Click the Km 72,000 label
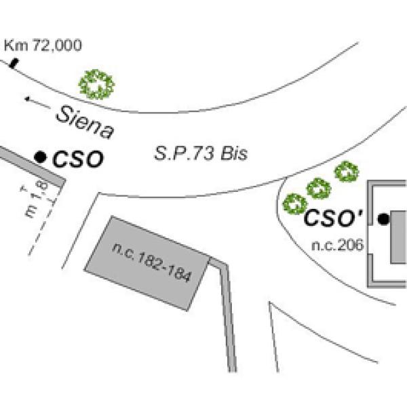(43, 45)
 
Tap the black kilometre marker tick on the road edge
(14, 64)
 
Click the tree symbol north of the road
(96, 85)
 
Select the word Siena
(85, 121)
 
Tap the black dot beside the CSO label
(41, 157)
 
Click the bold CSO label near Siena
(78, 160)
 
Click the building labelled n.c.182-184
(151, 260)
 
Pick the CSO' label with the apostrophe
(333, 218)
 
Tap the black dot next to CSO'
(383, 218)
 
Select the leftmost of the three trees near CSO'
(294, 203)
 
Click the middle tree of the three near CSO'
(318, 188)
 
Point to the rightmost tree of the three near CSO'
(347, 172)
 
